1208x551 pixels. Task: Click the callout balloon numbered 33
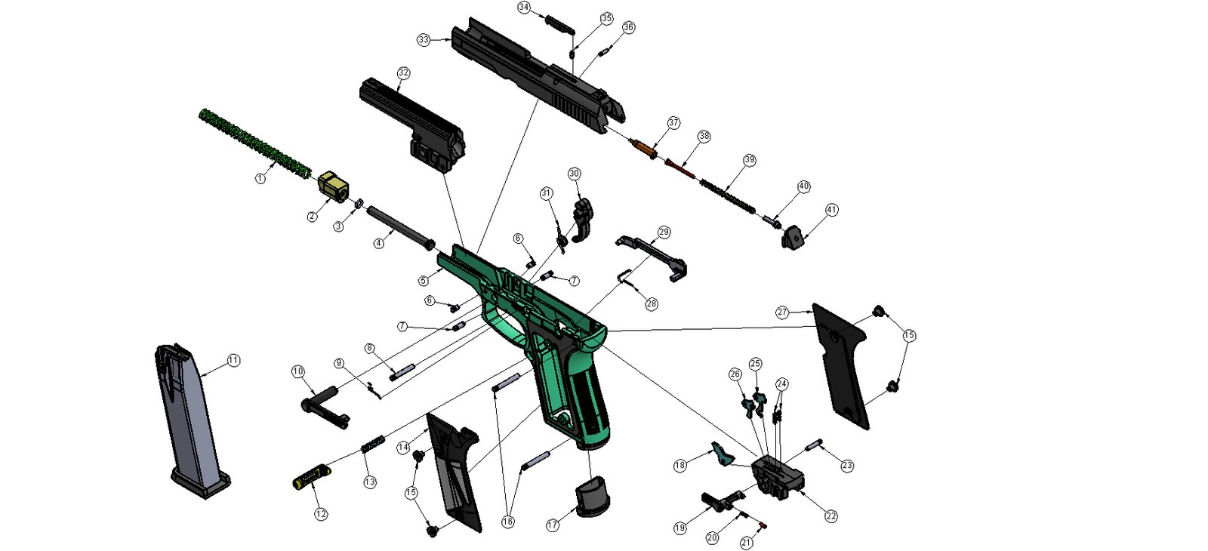pyautogui.click(x=423, y=39)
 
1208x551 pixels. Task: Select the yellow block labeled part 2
pyautogui.click(x=332, y=185)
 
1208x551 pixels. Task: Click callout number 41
pyautogui.click(x=831, y=210)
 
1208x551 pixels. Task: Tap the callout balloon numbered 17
pyautogui.click(x=553, y=525)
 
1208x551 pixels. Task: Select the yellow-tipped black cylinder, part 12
pyautogui.click(x=311, y=476)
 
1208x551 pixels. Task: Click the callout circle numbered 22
pyautogui.click(x=830, y=516)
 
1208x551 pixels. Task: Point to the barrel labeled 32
pyautogui.click(x=413, y=125)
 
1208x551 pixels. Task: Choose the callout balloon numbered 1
pyautogui.click(x=260, y=178)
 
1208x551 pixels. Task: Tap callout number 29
pyautogui.click(x=664, y=232)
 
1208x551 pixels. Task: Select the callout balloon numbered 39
pyautogui.click(x=749, y=160)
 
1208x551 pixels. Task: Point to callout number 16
pyautogui.click(x=507, y=522)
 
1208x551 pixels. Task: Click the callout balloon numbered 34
pyautogui.click(x=524, y=8)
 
